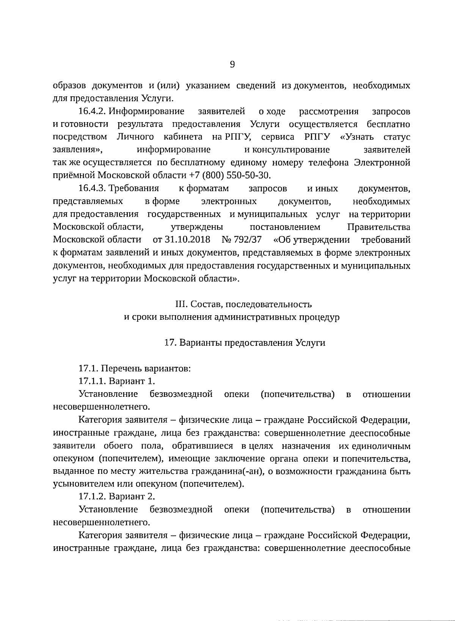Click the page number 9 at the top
pyautogui.click(x=232, y=64)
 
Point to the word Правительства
pyautogui.click(x=378, y=227)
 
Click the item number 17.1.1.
pyautogui.click(x=92, y=381)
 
